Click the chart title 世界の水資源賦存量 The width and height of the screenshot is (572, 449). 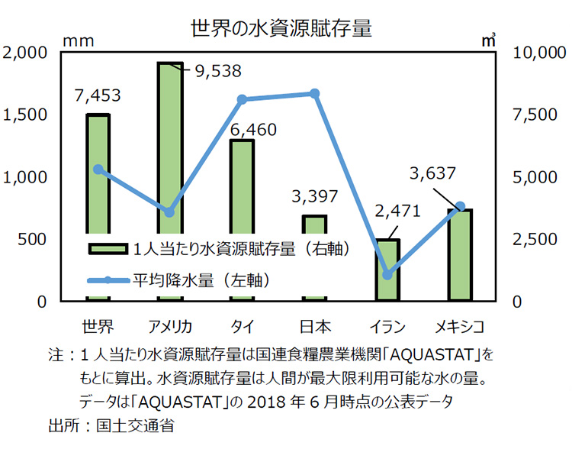(x=281, y=29)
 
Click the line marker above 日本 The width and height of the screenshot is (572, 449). (x=315, y=93)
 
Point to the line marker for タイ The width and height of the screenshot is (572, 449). (x=242, y=99)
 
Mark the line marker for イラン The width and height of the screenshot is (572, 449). (x=387, y=275)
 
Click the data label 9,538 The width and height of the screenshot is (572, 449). (x=217, y=72)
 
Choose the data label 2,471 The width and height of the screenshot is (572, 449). (x=396, y=212)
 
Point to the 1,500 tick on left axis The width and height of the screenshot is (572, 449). (x=26, y=115)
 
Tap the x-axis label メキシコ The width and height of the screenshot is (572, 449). (x=459, y=328)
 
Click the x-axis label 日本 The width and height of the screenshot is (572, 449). (x=314, y=328)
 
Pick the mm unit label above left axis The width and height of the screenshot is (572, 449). (x=77, y=40)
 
